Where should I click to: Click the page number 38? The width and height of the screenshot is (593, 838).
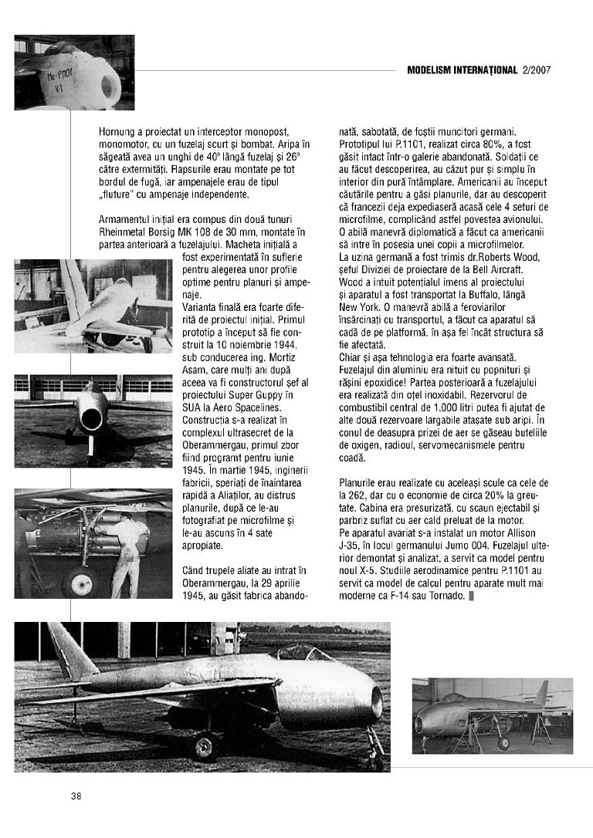(76, 796)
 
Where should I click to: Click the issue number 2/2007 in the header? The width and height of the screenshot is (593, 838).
(536, 70)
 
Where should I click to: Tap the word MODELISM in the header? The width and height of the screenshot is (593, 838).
(433, 70)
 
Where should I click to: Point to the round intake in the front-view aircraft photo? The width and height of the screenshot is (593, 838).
(91, 419)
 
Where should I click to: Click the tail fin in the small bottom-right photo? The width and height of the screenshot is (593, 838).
(541, 692)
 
